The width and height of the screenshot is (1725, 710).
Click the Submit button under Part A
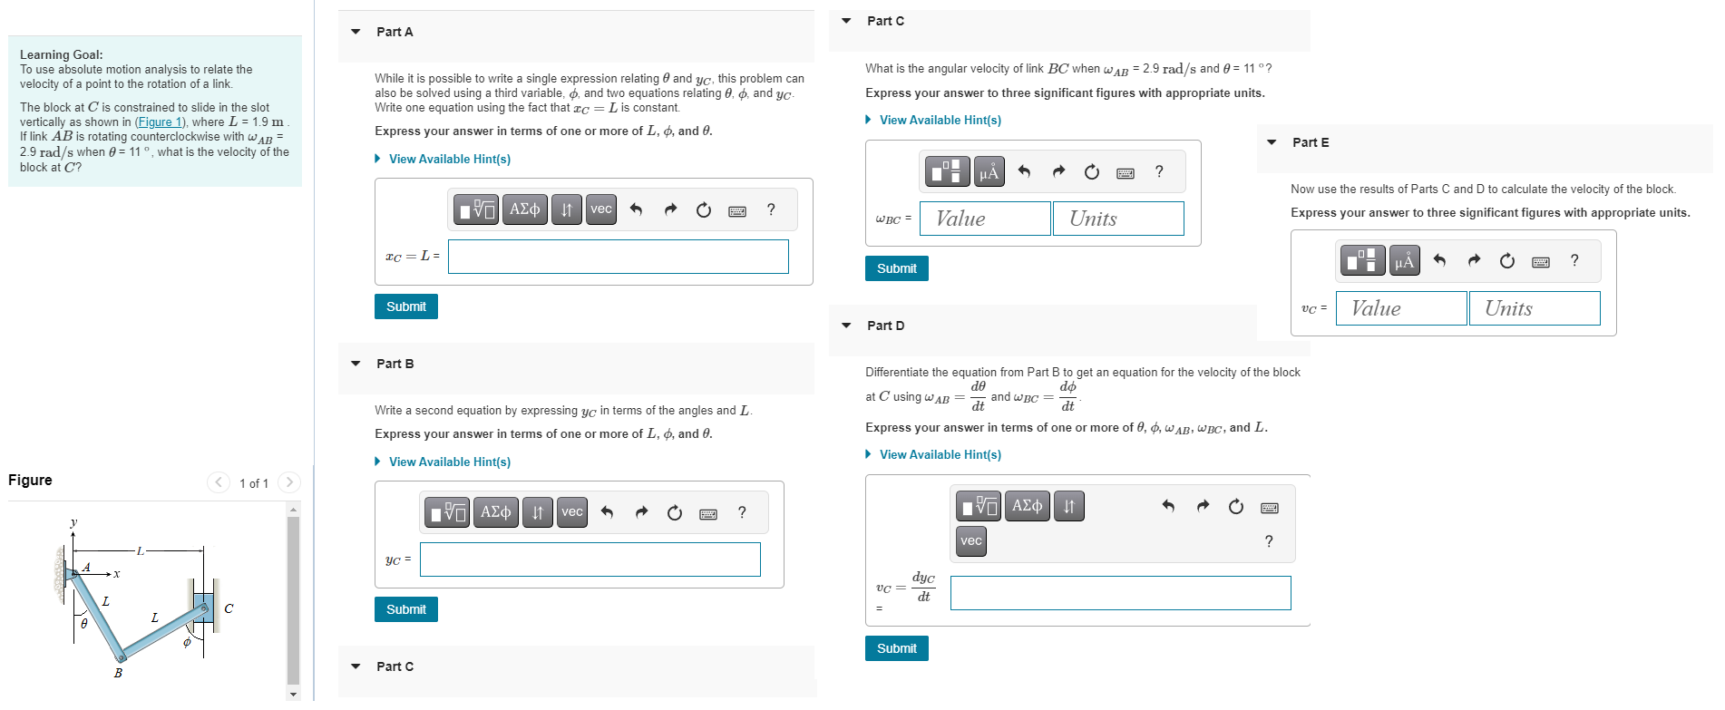click(405, 306)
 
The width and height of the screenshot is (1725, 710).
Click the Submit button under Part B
click(405, 609)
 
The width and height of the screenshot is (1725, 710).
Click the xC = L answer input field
click(618, 257)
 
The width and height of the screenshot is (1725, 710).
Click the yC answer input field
click(590, 559)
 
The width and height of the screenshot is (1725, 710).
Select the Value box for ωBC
click(984, 219)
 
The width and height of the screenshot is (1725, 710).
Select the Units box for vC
click(1534, 308)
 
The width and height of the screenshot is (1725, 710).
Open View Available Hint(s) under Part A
click(449, 159)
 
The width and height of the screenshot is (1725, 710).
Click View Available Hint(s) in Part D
click(940, 454)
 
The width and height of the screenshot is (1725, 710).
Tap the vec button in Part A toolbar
click(600, 209)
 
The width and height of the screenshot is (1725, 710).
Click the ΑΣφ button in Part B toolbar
click(495, 512)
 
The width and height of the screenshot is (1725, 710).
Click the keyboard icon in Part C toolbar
click(1125, 172)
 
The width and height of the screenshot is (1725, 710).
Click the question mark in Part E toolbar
click(1574, 260)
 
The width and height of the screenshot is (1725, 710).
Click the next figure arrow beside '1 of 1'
click(289, 482)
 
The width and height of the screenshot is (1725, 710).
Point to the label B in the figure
click(118, 673)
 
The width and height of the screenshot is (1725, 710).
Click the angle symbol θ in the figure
click(84, 624)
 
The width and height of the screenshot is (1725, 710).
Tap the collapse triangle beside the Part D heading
click(846, 326)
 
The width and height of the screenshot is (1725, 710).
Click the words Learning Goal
click(61, 54)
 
